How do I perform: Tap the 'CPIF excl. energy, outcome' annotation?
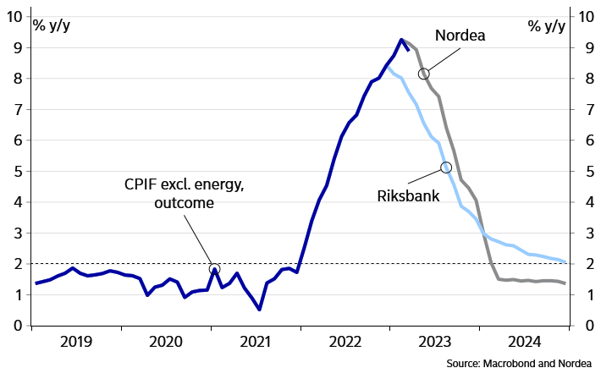tap(184, 194)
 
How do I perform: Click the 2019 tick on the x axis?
tap(77, 342)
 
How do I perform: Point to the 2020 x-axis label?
tap(166, 342)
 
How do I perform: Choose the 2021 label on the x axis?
tap(256, 342)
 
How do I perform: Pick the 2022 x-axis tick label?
tap(346, 342)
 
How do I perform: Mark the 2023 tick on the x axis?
tap(437, 342)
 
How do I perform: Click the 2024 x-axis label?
tap(527, 342)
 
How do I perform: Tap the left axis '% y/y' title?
tap(52, 25)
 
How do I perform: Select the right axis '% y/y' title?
tap(546, 25)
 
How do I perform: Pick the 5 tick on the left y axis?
tap(17, 171)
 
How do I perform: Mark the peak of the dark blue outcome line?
tap(402, 39)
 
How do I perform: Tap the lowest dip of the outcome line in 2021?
tap(259, 309)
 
